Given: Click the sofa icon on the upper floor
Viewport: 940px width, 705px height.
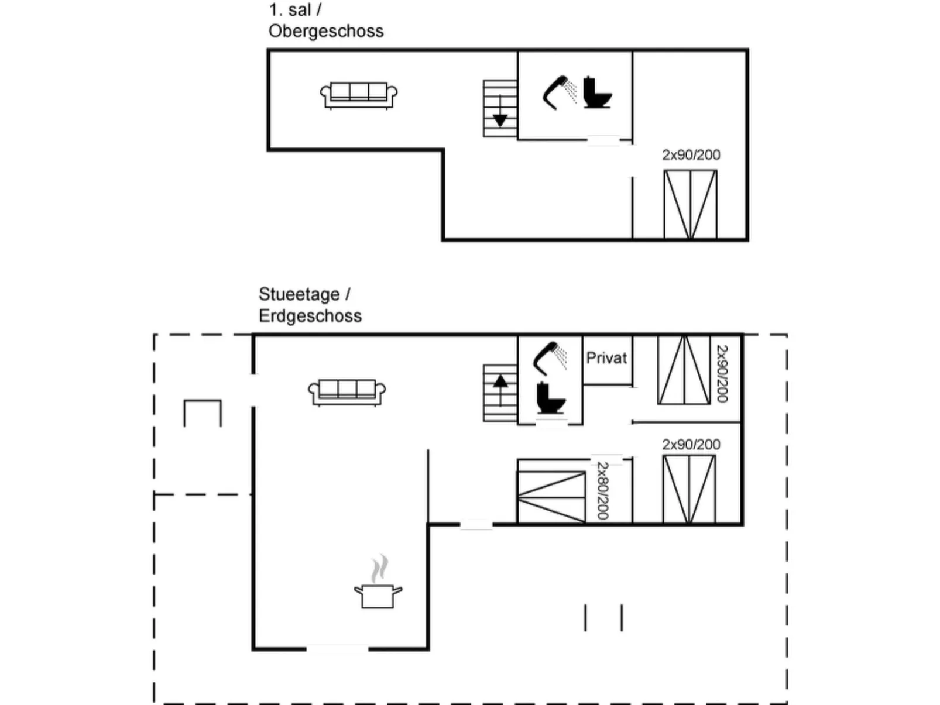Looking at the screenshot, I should [359, 95].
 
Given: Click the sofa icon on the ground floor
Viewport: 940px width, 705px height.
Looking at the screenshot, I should [347, 392].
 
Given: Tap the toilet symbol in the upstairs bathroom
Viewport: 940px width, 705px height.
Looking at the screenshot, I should [596, 93].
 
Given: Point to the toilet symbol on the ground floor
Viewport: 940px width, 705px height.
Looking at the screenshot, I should [550, 398].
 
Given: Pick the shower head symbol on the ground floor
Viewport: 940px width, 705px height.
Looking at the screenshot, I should [550, 357].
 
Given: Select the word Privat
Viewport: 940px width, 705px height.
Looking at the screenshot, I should [606, 358].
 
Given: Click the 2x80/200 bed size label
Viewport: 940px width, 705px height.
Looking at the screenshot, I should [602, 490].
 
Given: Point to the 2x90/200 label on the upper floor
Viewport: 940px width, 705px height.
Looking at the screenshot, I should [691, 155].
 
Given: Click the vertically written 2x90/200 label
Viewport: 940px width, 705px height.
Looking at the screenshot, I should [722, 373].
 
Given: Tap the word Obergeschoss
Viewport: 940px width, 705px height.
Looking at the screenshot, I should [326, 31].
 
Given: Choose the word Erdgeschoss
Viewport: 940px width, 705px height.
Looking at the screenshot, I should [310, 316].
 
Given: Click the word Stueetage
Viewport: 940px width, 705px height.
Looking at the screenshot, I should [299, 294].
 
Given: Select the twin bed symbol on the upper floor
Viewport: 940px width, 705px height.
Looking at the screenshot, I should [690, 204].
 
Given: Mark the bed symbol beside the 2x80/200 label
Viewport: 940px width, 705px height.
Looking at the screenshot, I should [551, 497].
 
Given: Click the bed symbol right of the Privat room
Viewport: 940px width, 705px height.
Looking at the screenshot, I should [684, 370].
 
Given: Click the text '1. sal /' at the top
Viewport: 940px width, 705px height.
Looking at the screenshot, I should [295, 10].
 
